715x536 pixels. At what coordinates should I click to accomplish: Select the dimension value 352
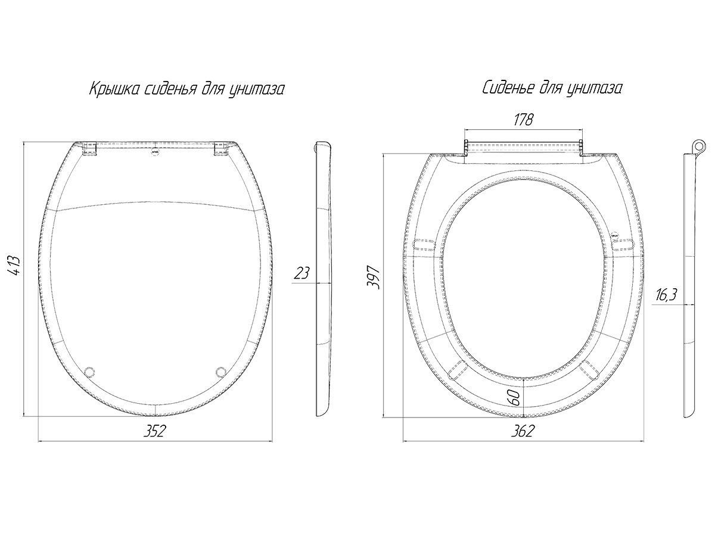(155, 431)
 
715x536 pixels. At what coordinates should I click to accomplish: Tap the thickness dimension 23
(301, 273)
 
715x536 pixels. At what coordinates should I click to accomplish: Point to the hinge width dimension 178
(524, 120)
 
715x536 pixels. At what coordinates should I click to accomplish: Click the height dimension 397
(374, 278)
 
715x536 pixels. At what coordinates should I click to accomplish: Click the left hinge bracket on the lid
(89, 149)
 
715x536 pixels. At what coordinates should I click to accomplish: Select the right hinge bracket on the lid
(221, 149)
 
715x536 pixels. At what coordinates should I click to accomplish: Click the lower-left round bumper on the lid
(89, 372)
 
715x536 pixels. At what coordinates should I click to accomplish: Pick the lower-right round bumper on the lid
(221, 372)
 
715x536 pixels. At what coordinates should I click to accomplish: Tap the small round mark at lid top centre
(156, 152)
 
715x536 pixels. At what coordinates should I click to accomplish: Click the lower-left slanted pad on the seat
(458, 370)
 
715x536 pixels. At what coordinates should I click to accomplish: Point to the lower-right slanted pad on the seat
(589, 370)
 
